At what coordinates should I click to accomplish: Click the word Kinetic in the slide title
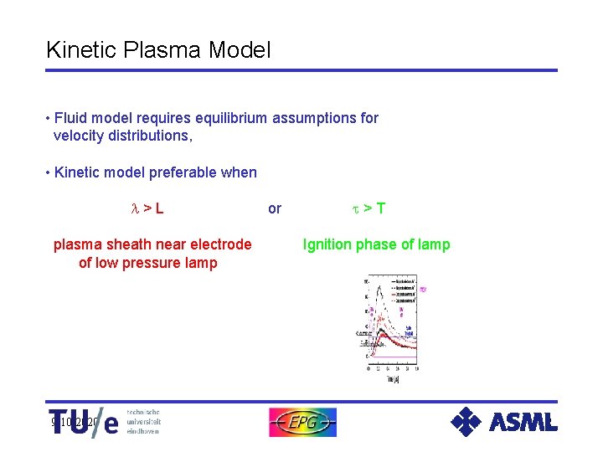pyautogui.click(x=78, y=50)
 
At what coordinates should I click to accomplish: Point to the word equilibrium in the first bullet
pyautogui.click(x=216, y=118)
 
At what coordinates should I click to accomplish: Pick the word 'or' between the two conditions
pyautogui.click(x=275, y=208)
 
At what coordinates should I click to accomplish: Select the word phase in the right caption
pyautogui.click(x=374, y=244)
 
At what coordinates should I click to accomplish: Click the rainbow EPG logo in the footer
pyautogui.click(x=302, y=423)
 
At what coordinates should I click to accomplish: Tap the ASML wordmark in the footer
pyautogui.click(x=523, y=423)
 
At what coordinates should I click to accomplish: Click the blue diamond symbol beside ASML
pyautogui.click(x=466, y=422)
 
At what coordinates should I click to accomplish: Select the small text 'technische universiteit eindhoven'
pyautogui.click(x=143, y=422)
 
